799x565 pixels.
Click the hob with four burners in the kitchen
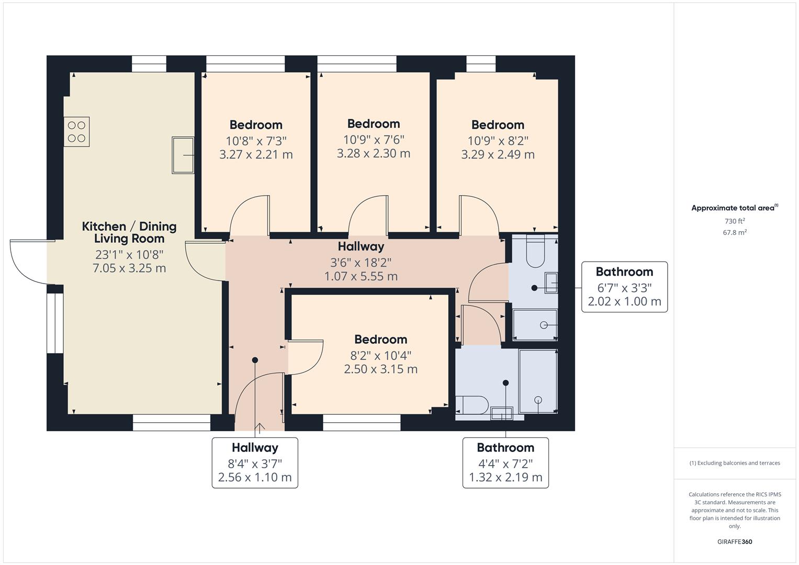tap(77, 131)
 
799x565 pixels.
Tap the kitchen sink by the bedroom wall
tap(183, 155)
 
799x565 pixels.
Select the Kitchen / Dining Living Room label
tap(129, 232)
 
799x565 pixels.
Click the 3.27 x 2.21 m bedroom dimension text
tap(256, 155)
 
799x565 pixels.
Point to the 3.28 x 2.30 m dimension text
tap(373, 154)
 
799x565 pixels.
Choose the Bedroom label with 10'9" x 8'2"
tap(498, 125)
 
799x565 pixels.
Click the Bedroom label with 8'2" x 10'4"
tap(380, 340)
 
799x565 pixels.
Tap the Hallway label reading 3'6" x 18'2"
tap(361, 246)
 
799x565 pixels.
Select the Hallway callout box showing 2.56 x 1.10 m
tap(255, 463)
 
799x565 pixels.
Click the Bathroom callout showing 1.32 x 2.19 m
tap(505, 463)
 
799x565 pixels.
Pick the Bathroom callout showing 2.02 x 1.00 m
tap(624, 287)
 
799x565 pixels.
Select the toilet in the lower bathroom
tap(472, 404)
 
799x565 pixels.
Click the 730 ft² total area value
tap(735, 221)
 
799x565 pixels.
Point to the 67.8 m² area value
tap(735, 233)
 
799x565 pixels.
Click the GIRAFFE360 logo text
tap(735, 542)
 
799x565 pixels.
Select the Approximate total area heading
tap(734, 208)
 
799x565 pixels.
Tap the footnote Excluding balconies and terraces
tap(735, 463)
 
